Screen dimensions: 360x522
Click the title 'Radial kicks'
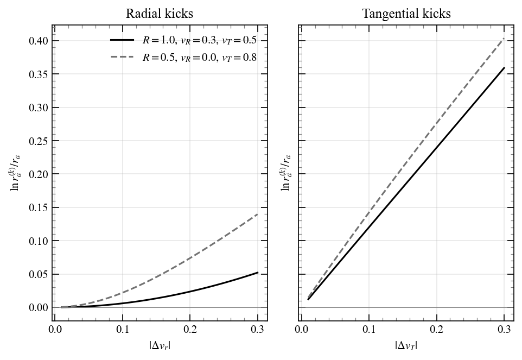(x=159, y=14)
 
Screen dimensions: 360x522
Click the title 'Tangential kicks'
(x=406, y=14)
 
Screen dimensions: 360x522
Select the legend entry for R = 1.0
(x=199, y=40)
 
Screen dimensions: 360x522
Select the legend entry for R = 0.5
(x=199, y=57)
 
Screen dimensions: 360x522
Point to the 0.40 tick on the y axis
(x=40, y=41)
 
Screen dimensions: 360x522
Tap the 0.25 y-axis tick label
(x=40, y=141)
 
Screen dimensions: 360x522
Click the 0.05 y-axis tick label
(x=40, y=274)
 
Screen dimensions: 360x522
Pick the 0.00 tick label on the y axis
(x=40, y=307)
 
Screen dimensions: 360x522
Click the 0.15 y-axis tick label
(x=40, y=207)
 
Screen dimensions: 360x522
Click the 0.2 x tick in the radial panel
(x=190, y=329)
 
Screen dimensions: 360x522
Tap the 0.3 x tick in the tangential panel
(x=504, y=329)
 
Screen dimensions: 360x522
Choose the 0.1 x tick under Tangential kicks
(x=369, y=329)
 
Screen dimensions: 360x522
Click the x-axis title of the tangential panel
(x=406, y=345)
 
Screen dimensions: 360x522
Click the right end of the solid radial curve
(x=258, y=273)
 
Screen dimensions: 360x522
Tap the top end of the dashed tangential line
(x=504, y=39)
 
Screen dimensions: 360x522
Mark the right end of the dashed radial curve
(x=258, y=214)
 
